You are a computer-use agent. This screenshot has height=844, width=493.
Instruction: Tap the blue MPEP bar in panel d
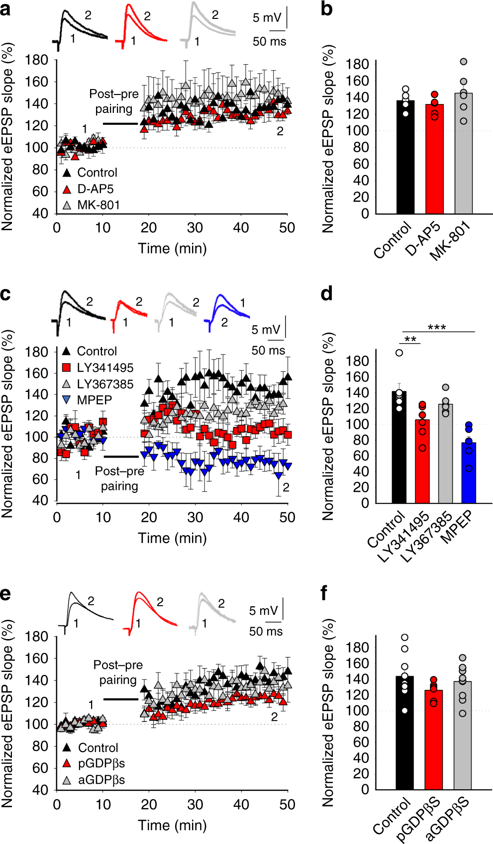[x=469, y=472]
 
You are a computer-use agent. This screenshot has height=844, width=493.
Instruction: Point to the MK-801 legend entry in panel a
[x=98, y=205]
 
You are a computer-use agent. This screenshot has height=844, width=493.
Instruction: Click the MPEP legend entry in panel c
[x=94, y=400]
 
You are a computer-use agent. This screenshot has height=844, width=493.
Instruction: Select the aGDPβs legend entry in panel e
[x=100, y=779]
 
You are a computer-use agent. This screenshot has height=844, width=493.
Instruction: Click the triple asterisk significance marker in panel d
[x=437, y=328]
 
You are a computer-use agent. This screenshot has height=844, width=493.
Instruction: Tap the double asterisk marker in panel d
[x=410, y=340]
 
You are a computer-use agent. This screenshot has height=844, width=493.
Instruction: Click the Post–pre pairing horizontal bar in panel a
[x=120, y=124]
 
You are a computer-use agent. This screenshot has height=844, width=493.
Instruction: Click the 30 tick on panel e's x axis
[x=195, y=804]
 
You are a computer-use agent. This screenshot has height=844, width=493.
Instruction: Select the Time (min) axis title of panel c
[x=172, y=538]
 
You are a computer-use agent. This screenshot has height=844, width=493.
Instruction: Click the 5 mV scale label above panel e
[x=263, y=611]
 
